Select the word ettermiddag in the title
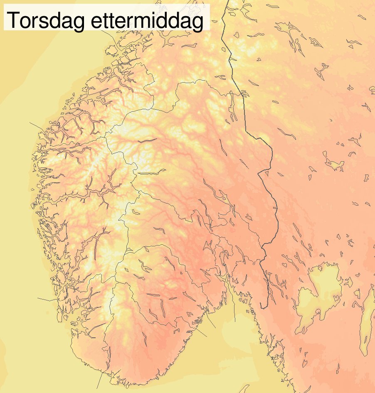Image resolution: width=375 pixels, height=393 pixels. click(x=146, y=21)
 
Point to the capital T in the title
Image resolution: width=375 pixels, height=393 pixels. click(x=13, y=20)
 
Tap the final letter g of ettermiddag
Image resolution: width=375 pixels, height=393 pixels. click(x=197, y=23)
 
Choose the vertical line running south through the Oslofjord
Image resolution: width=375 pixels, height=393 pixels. click(x=234, y=309)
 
